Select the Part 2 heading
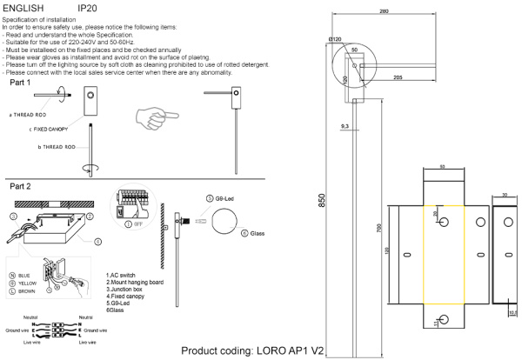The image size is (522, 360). tap(23, 186)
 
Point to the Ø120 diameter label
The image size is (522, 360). tap(337, 40)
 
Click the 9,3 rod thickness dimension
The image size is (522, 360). tap(345, 127)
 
